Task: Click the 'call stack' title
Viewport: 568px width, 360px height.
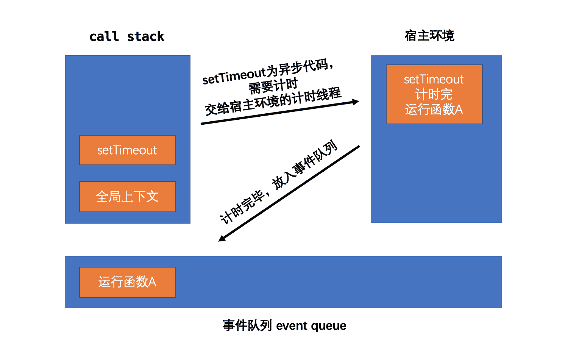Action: coord(126,37)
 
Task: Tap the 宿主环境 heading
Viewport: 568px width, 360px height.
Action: coord(429,36)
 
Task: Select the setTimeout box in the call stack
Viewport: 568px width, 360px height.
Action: coord(127,150)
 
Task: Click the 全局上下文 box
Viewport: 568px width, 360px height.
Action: coord(127,196)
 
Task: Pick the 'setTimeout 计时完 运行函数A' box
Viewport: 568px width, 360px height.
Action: coord(434,94)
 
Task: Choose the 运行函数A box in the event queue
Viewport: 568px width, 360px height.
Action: coord(127,282)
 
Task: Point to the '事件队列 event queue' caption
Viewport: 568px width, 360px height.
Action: coord(284,326)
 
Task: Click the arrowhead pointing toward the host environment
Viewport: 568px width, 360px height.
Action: coord(355,102)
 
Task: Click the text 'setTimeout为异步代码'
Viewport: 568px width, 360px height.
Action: coord(267,72)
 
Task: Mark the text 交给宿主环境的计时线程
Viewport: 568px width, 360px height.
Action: coord(273,102)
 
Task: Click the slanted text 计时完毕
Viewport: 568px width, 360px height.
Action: coord(242,207)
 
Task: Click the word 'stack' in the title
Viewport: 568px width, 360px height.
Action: coord(145,37)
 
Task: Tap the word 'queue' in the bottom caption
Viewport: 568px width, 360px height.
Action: coord(329,326)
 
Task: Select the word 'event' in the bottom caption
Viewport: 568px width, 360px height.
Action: coord(292,326)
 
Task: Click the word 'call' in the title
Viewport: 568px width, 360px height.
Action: coord(104,37)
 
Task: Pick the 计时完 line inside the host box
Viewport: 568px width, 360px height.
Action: coord(434,94)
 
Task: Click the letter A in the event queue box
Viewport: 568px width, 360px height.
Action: coord(152,282)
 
